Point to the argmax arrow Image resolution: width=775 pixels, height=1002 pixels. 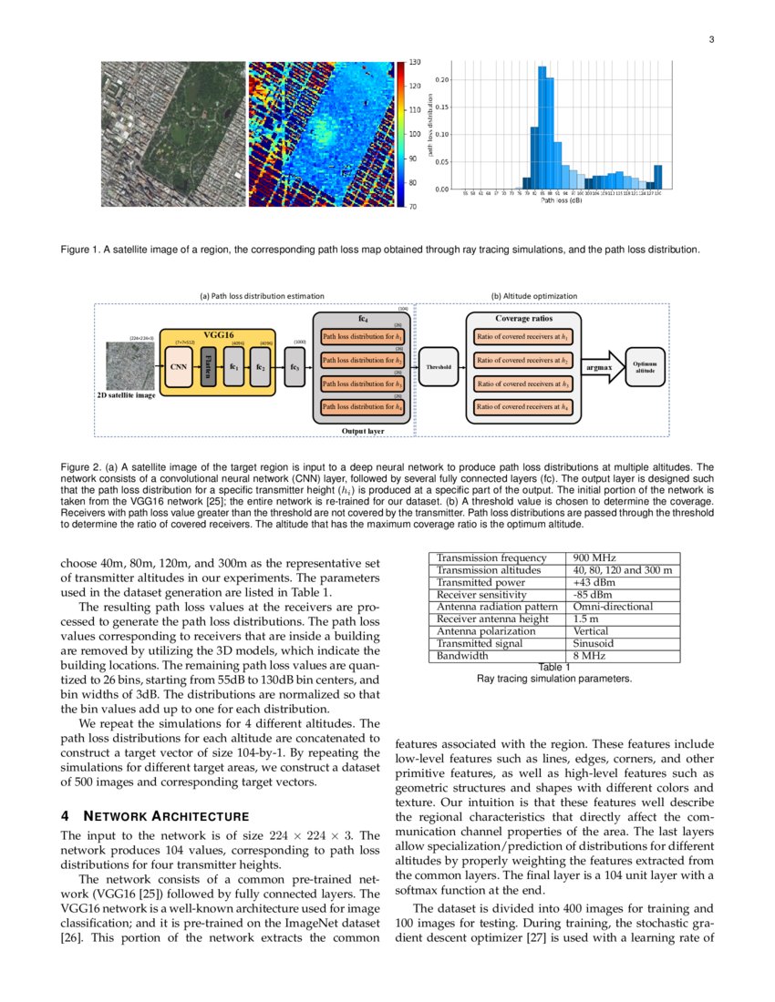pyautogui.click(x=599, y=366)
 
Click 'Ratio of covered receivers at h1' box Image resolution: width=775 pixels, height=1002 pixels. pyautogui.click(x=523, y=337)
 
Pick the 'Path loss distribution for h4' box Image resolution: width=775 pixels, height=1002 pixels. pyautogui.click(x=363, y=406)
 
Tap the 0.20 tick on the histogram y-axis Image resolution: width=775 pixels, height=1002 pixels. pyautogui.click(x=440, y=80)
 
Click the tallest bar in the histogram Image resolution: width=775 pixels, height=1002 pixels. pyautogui.click(x=542, y=128)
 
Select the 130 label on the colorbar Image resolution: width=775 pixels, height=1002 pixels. pyautogui.click(x=415, y=63)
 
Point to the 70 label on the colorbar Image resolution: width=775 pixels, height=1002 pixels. pyautogui.click(x=414, y=207)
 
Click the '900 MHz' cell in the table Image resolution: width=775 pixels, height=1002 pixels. pyautogui.click(x=593, y=558)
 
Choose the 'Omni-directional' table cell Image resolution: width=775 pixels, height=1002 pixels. pyautogui.click(x=613, y=607)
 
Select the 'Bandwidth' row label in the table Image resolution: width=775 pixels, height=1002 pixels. pyautogui.click(x=462, y=655)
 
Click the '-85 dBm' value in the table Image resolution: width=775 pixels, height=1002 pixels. pyautogui.click(x=592, y=595)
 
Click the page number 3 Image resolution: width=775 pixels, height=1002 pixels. pyautogui.click(x=711, y=39)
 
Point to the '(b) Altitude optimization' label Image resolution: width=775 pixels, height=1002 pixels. pyautogui.click(x=534, y=295)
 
